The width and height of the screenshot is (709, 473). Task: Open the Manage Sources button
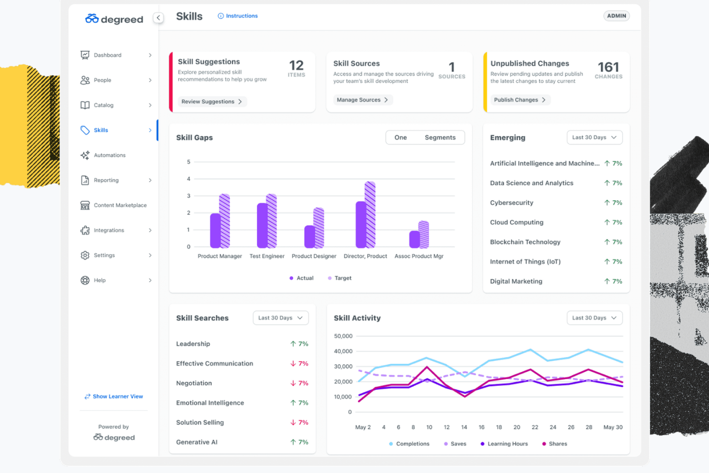coord(362,100)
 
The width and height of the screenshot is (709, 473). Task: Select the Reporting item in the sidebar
coord(106,180)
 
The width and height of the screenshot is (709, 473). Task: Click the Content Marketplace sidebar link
coord(120,205)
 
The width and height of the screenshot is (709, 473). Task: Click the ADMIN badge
coord(616,16)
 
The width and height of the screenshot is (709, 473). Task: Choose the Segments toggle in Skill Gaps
coord(440,138)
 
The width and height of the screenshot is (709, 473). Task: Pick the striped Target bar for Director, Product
coord(370,214)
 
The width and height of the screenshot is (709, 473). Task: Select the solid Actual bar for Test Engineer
coord(262,225)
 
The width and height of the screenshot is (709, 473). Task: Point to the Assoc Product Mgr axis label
coord(419,256)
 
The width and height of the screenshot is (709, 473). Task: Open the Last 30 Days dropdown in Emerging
coord(594,138)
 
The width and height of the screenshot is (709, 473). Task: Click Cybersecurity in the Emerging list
coord(511,203)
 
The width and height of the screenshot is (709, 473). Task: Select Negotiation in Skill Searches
coord(194,383)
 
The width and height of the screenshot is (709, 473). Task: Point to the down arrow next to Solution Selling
coord(293,422)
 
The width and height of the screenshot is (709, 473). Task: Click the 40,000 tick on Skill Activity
coord(343,351)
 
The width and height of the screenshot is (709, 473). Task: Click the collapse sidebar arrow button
coord(158,18)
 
